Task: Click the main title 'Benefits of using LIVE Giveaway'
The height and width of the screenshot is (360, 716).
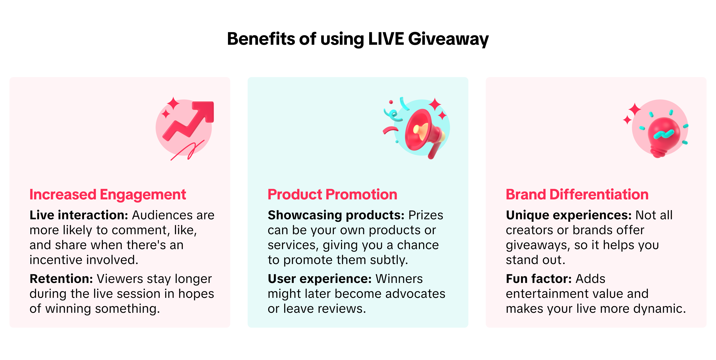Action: [358, 39]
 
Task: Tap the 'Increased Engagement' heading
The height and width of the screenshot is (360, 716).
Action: [108, 195]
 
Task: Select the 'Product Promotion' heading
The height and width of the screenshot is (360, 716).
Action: [332, 194]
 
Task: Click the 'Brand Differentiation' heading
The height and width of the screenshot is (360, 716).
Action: [577, 194]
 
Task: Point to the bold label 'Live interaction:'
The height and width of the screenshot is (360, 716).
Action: [79, 215]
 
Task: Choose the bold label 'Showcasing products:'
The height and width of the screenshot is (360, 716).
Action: [336, 215]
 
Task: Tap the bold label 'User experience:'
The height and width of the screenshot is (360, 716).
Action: [320, 279]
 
